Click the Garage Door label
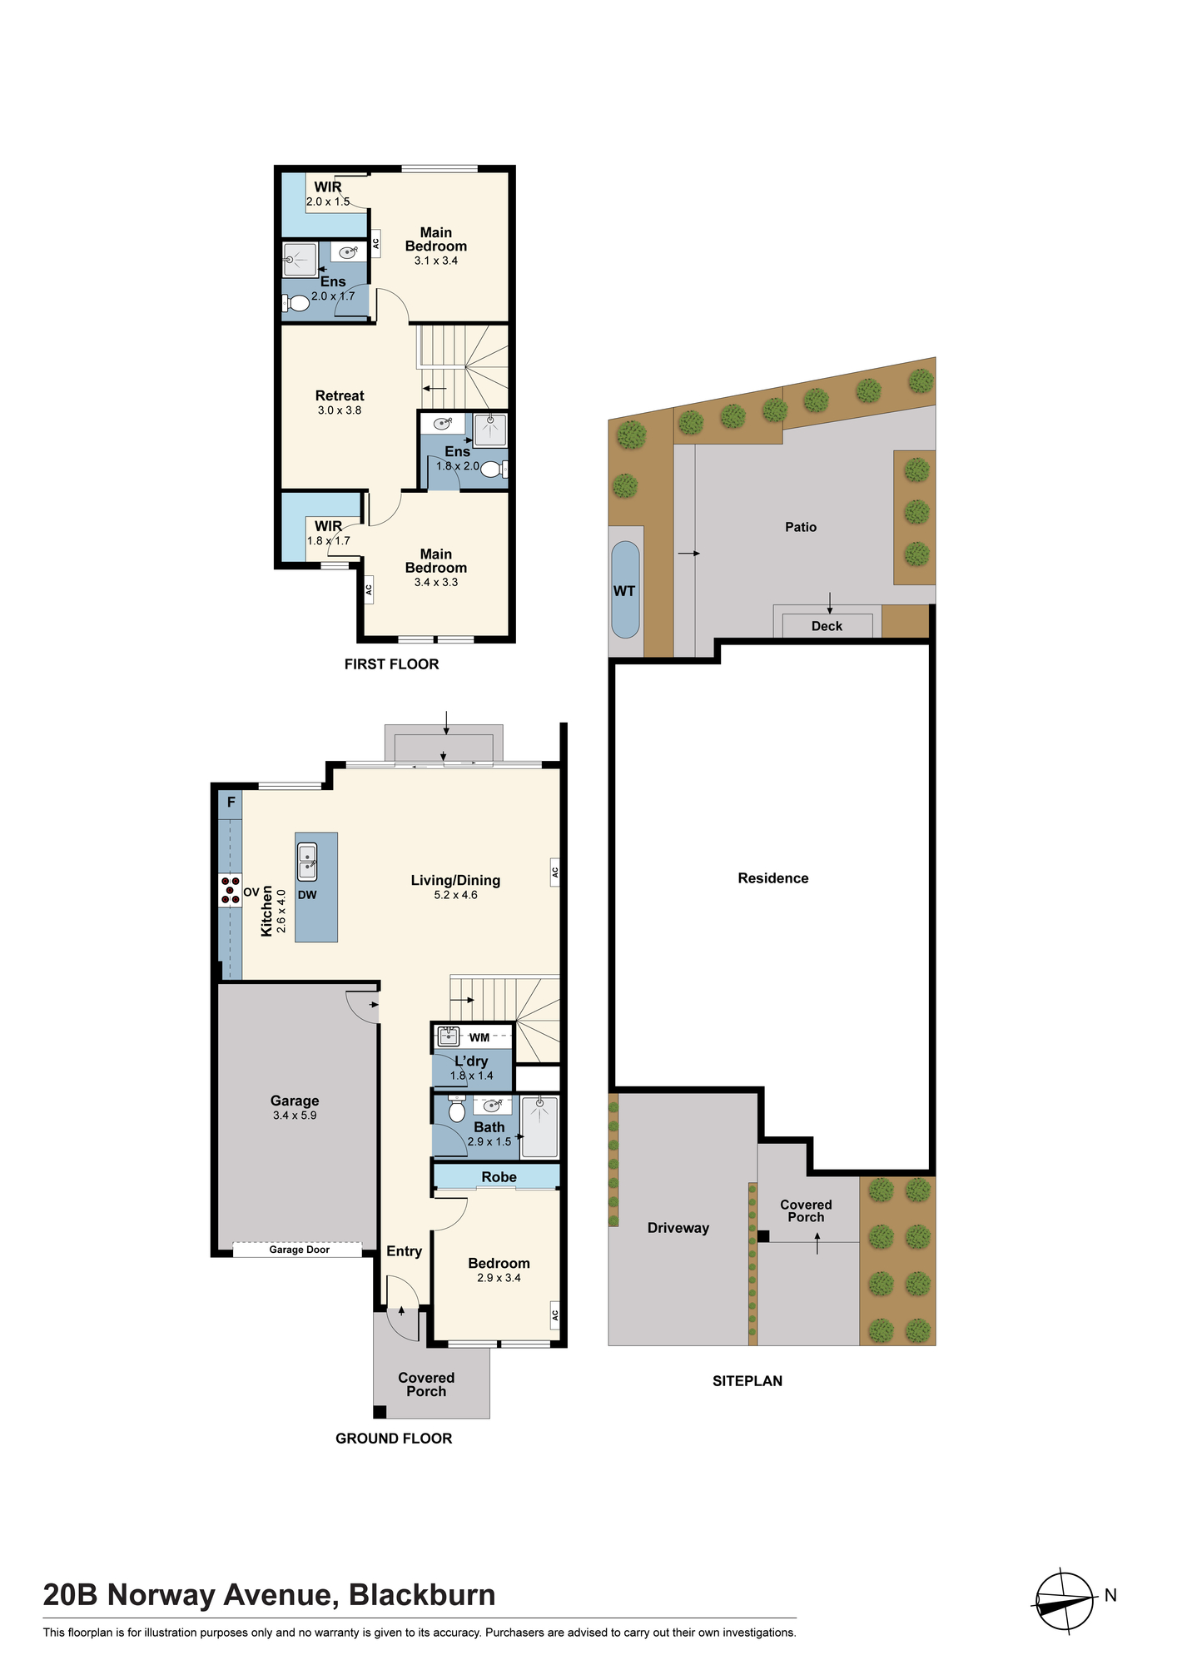(x=299, y=1250)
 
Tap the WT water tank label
(x=624, y=591)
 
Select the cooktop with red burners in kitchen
(x=231, y=890)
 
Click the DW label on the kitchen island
(x=307, y=895)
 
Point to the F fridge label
(x=231, y=803)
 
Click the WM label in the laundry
(x=479, y=1037)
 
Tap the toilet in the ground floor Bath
(x=456, y=1109)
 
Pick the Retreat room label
(x=340, y=396)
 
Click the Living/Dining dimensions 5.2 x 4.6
(x=455, y=895)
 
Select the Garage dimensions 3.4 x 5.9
(x=295, y=1116)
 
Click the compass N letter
(x=1110, y=1595)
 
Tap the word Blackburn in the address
(x=422, y=1595)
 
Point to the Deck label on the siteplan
(x=827, y=626)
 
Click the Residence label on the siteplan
(x=773, y=878)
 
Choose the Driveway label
(x=678, y=1228)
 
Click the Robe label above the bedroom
(x=499, y=1176)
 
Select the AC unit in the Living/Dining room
(x=554, y=872)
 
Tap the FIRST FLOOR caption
(x=391, y=664)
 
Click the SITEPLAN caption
(x=747, y=1380)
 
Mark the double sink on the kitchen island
(x=307, y=862)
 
